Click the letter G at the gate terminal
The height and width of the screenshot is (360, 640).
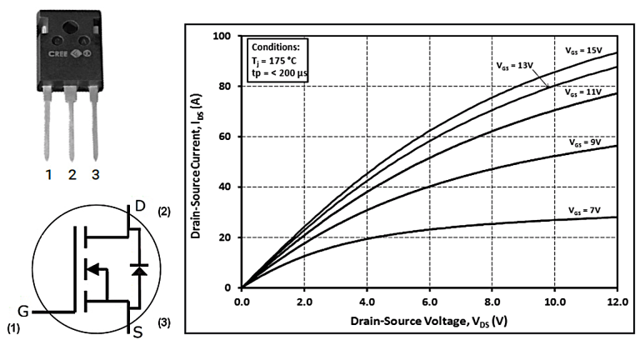pos(23,311)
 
